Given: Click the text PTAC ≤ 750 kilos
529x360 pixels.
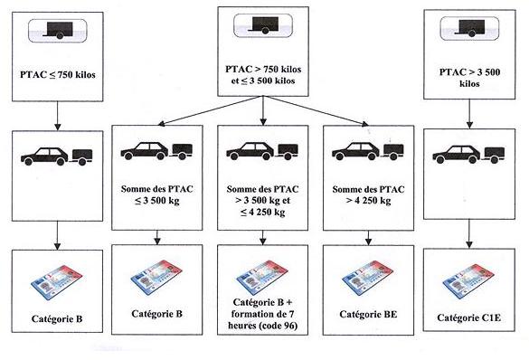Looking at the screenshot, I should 57,75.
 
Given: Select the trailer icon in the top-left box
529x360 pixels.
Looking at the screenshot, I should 56,31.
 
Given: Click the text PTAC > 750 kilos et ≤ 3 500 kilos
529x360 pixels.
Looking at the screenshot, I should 262,73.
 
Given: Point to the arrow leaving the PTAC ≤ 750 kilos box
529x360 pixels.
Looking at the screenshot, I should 56,115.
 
